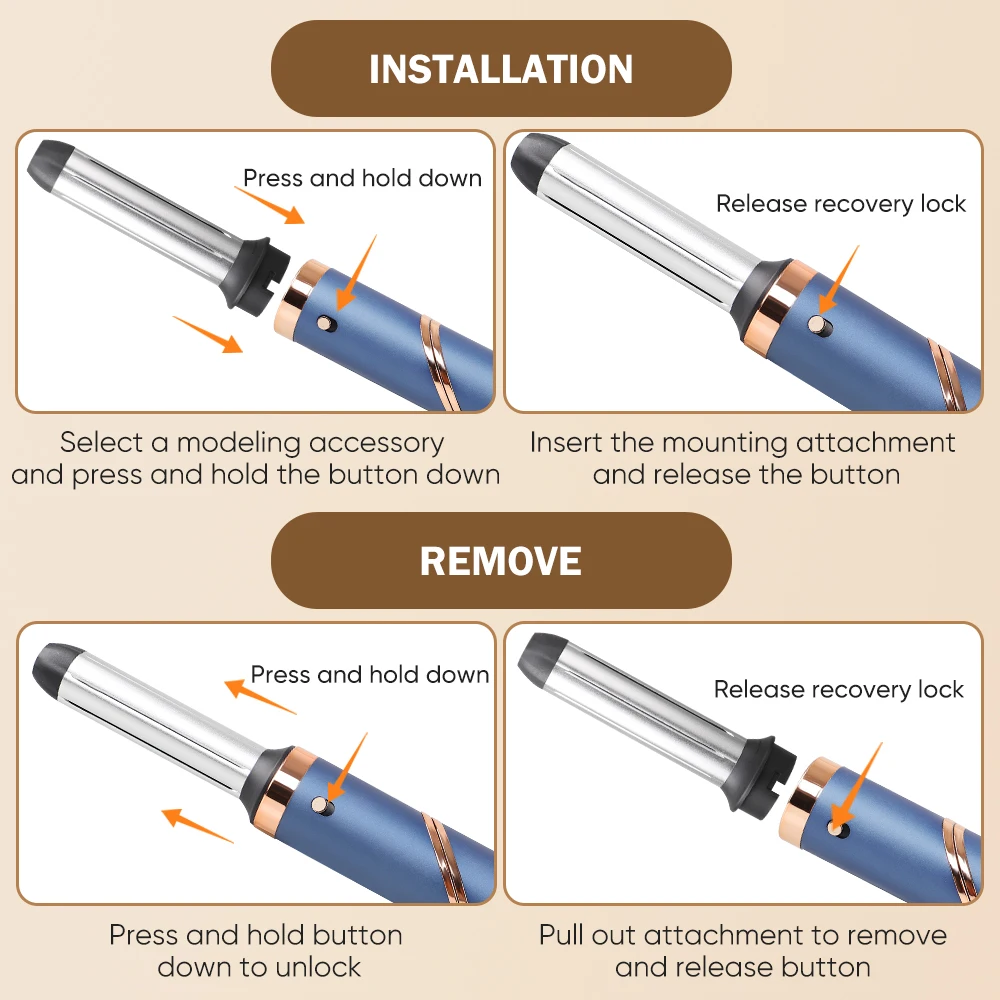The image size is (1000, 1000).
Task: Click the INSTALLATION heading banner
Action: (x=501, y=69)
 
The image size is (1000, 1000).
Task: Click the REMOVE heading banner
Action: (x=501, y=560)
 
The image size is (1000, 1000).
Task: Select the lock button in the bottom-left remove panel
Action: (x=320, y=803)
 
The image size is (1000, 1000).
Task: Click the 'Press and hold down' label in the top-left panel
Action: (x=362, y=178)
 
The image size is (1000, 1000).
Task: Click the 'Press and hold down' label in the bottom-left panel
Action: (x=369, y=674)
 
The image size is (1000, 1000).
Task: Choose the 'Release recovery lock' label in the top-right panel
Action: (x=841, y=204)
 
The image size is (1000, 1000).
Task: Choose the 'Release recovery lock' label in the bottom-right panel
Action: (x=839, y=689)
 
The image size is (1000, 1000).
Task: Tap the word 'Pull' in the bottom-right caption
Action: (x=565, y=935)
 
